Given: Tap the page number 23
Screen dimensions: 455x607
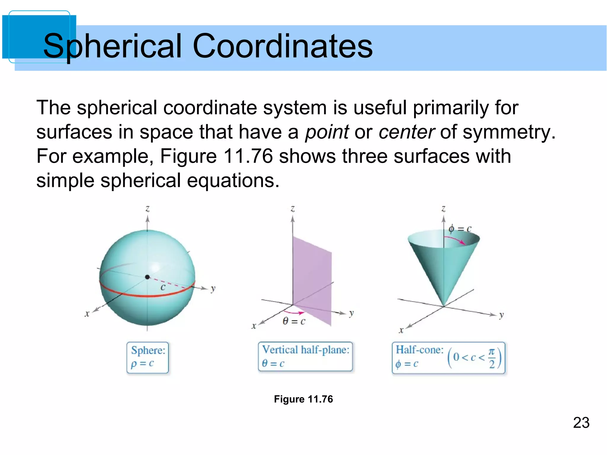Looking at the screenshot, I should [x=581, y=423].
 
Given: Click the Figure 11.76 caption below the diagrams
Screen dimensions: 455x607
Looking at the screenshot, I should [x=303, y=399].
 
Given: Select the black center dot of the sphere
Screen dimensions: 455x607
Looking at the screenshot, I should [x=147, y=277].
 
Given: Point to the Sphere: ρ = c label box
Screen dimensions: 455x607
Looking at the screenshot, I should [x=148, y=357].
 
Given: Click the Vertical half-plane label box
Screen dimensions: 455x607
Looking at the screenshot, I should [x=305, y=356].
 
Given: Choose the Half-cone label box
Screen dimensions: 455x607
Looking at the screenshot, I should [x=448, y=357].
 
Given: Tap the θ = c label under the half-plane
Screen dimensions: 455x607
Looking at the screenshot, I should [x=294, y=321].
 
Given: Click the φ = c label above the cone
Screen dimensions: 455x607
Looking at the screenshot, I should [x=460, y=229].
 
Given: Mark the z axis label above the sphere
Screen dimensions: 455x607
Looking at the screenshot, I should [x=147, y=209].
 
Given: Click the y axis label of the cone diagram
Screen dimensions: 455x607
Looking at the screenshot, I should [x=501, y=315].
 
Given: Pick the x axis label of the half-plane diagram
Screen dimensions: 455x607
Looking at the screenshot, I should [x=254, y=326].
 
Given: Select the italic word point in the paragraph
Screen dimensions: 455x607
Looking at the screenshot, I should [x=327, y=132].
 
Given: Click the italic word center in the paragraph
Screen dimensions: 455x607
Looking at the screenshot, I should [x=406, y=132].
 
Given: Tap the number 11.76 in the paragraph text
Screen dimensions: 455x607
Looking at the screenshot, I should [x=248, y=156].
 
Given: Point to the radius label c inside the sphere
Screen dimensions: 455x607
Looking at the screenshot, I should [x=163, y=287].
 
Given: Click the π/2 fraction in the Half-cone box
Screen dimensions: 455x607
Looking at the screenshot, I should [x=492, y=358].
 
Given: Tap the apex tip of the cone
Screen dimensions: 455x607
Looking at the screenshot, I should [x=444, y=306].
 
